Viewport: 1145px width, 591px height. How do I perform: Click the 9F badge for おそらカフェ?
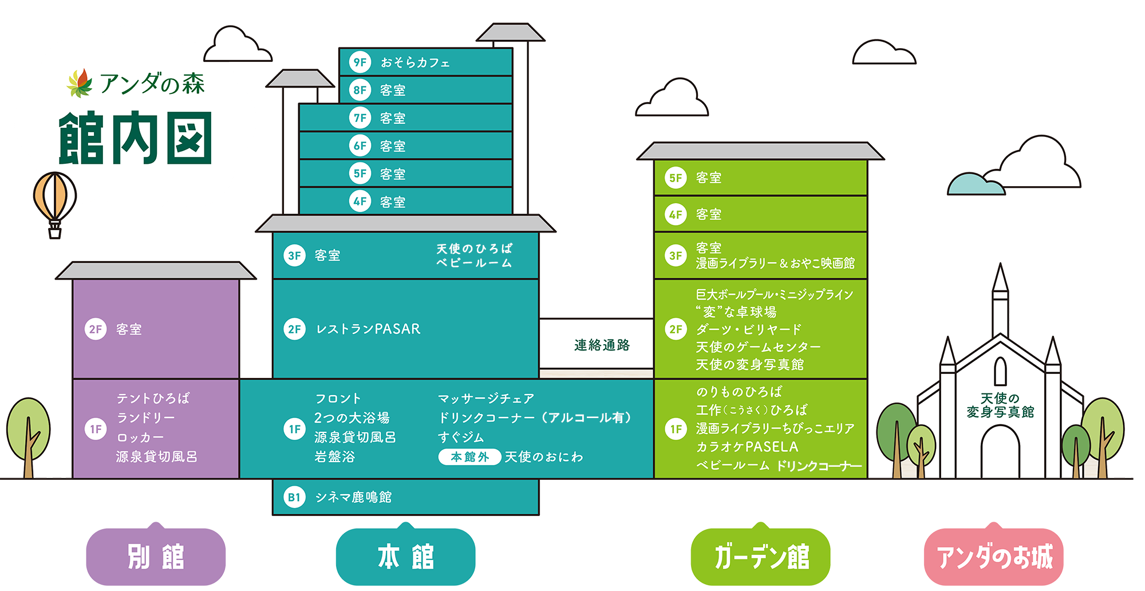360,62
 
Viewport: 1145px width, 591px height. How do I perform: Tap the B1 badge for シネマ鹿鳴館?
294,497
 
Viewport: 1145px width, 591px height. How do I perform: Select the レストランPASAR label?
368,329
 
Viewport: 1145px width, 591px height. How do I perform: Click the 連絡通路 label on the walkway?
602,345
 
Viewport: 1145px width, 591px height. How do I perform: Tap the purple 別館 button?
156,557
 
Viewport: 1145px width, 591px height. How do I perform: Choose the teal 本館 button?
405,557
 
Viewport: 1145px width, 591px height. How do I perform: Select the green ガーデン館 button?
761,557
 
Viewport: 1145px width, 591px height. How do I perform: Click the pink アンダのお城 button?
994,557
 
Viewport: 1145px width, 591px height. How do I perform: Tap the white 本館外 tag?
469,457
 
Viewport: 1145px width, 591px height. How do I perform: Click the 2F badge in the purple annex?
96,329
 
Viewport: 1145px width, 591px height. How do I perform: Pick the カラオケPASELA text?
747,447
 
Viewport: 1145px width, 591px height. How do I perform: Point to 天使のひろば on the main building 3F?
474,249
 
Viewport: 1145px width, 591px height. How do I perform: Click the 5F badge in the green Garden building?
676,178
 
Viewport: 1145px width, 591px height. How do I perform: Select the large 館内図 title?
136,138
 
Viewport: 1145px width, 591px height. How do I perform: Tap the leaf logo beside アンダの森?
80,83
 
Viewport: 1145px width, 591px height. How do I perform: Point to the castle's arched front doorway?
1000,452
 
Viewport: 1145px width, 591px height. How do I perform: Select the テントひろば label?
153,398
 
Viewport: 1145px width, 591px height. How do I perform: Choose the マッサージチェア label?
486,398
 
